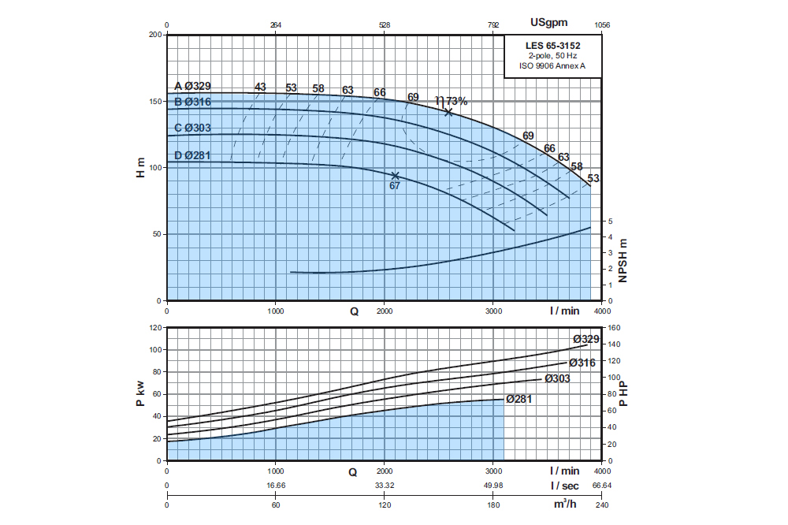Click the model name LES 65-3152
click(553, 47)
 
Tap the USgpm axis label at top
click(548, 22)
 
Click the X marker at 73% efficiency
click(448, 112)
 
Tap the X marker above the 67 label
click(396, 176)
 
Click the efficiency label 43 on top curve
click(261, 87)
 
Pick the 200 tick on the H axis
click(154, 35)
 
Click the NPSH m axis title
click(623, 260)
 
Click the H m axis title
click(141, 167)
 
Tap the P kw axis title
click(141, 393)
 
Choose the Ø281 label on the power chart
click(519, 399)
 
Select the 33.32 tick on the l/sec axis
click(385, 486)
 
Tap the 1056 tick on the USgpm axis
click(602, 25)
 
